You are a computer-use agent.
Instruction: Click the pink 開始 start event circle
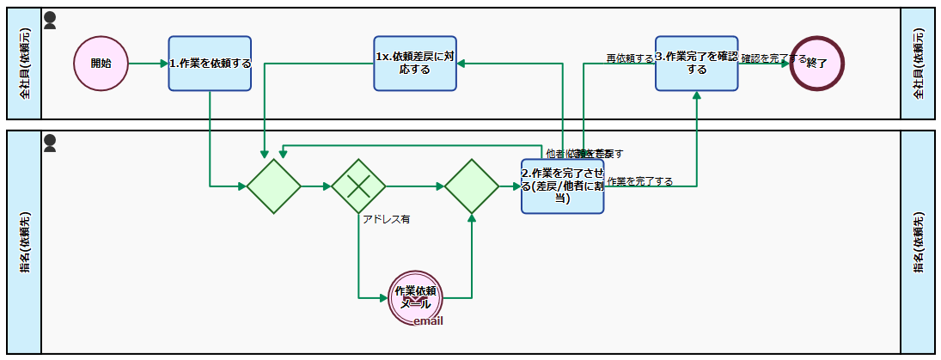tap(101, 64)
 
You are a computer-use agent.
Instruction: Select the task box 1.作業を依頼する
tap(210, 64)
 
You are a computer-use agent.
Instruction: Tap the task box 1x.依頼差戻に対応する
tap(415, 64)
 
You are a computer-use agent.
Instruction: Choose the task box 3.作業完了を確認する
tap(696, 63)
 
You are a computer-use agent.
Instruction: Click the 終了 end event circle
tap(816, 64)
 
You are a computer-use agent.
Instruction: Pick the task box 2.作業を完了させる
tap(562, 186)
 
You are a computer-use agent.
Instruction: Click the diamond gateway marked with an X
tap(358, 186)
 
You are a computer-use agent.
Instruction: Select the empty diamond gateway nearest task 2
tap(471, 186)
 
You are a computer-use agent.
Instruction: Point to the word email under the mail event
tap(428, 321)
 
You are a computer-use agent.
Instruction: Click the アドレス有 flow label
tap(386, 219)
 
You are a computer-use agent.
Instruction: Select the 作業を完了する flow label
tap(639, 181)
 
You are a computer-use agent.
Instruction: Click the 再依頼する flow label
tap(630, 58)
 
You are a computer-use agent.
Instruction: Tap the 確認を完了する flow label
tap(773, 59)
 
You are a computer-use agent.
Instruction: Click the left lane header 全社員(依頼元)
tap(24, 64)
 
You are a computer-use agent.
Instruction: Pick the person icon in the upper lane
tap(50, 20)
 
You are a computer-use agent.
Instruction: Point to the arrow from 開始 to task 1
tap(148, 64)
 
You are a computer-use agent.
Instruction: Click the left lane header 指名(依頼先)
tap(24, 241)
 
